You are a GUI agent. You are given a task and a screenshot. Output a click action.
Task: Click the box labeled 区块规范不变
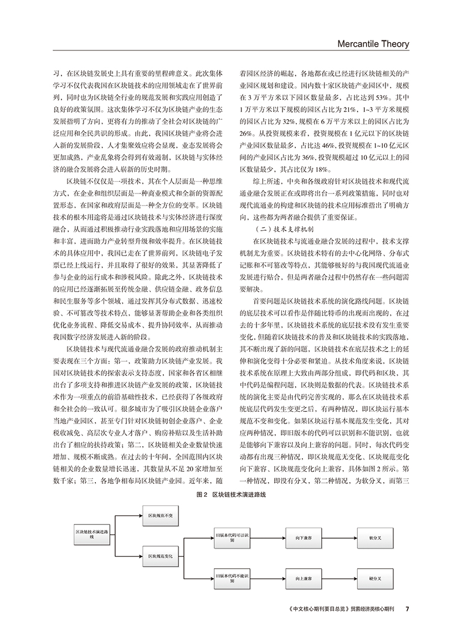[160, 516]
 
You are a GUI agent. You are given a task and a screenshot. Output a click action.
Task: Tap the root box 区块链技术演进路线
[92, 535]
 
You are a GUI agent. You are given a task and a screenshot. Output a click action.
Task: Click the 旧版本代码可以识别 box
[233, 538]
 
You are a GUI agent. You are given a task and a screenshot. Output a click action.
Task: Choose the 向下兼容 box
[303, 538]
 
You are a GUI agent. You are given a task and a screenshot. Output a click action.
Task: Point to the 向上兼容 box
[303, 578]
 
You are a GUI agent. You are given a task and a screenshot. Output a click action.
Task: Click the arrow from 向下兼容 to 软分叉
[339, 538]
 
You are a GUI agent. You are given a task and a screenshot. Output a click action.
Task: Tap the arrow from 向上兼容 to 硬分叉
[339, 578]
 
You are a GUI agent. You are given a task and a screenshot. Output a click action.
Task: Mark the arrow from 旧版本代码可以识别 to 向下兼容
[268, 538]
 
